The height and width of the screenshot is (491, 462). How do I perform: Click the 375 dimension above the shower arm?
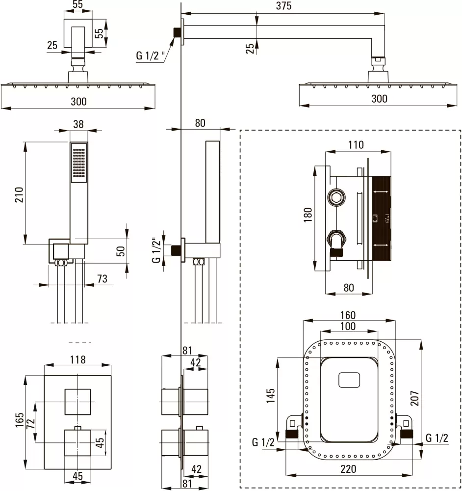pyautogui.click(x=283, y=5)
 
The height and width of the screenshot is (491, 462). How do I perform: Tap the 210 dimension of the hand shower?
pyautogui.click(x=19, y=194)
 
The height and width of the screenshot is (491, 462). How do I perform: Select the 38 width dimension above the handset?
pyautogui.click(x=78, y=124)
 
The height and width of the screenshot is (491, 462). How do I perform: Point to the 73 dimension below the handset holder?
pyautogui.click(x=102, y=278)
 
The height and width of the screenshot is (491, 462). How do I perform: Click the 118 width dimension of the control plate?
pyautogui.click(x=77, y=359)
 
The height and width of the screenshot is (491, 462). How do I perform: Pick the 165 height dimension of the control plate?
pyautogui.click(x=20, y=420)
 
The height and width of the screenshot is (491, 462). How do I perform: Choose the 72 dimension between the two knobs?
pyautogui.click(x=30, y=423)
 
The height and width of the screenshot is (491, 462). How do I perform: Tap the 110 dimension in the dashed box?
pyautogui.click(x=356, y=145)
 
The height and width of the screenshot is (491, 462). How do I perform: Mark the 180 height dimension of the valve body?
pyautogui.click(x=308, y=215)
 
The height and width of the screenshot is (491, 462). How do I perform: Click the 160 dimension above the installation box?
pyautogui.click(x=348, y=315)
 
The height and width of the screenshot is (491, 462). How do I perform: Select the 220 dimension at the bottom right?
pyautogui.click(x=348, y=469)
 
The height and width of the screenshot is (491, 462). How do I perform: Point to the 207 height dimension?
pyautogui.click(x=414, y=398)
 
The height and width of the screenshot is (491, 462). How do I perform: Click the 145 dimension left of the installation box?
pyautogui.click(x=270, y=395)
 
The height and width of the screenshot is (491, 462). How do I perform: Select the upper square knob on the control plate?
pyautogui.click(x=77, y=402)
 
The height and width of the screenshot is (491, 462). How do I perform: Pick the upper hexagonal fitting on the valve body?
pyautogui.click(x=336, y=197)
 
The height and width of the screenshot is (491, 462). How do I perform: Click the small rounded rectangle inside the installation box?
pyautogui.click(x=349, y=380)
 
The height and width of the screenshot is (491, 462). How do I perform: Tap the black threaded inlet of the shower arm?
pyautogui.click(x=178, y=32)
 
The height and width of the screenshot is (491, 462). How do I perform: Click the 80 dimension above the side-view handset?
pyautogui.click(x=200, y=123)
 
